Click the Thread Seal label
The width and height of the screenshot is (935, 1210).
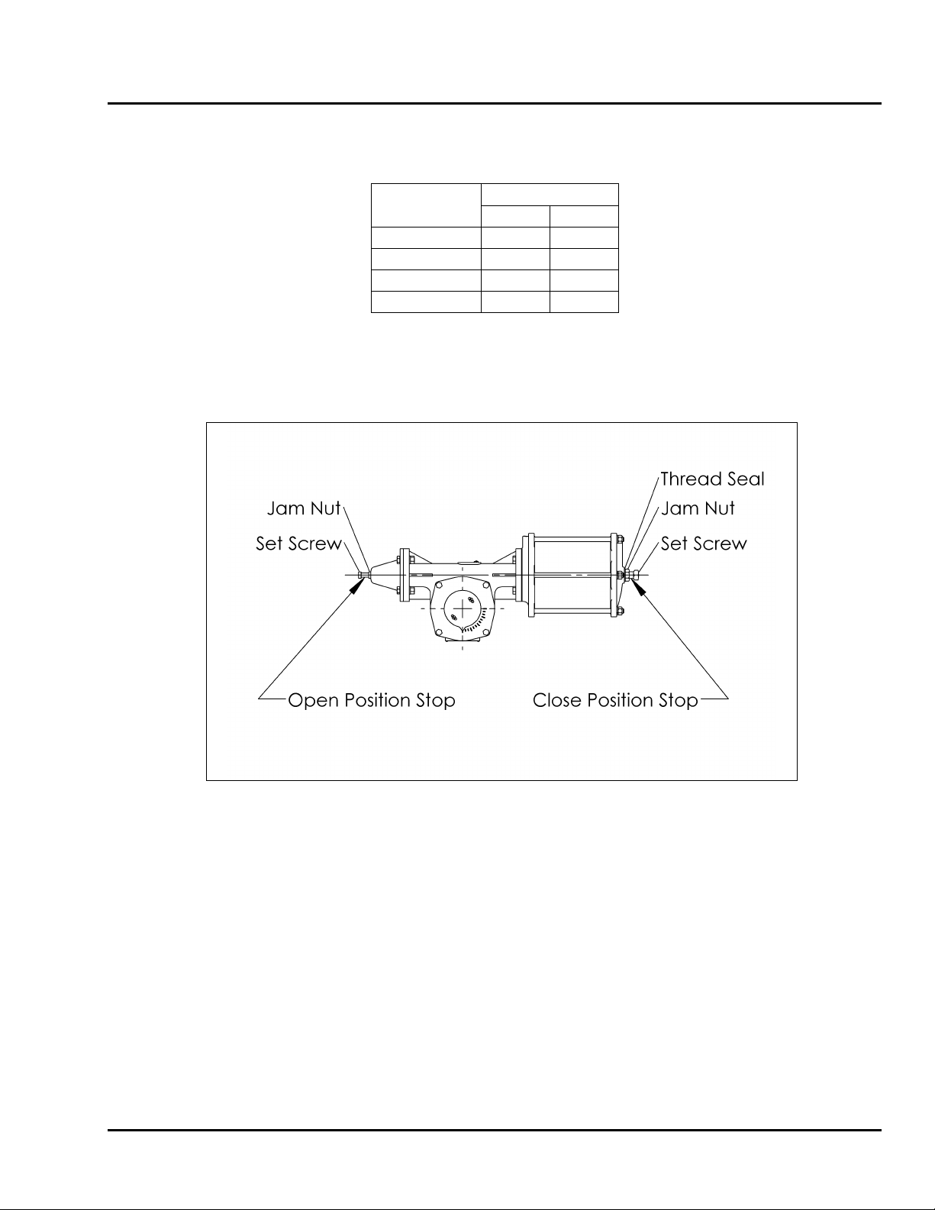[711, 479]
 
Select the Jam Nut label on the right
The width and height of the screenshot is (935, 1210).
[698, 508]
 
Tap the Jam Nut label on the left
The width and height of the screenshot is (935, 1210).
[304, 508]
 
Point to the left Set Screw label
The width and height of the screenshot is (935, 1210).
[298, 544]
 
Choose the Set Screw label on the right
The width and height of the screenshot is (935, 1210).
[703, 544]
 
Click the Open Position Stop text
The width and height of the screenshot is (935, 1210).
[371, 700]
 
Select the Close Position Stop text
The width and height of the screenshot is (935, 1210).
[615, 700]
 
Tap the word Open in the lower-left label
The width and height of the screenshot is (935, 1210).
[313, 700]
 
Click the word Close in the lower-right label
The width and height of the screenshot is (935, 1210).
[557, 700]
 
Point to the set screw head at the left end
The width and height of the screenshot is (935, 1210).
[360, 574]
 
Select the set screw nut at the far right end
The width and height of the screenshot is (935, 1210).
[636, 574]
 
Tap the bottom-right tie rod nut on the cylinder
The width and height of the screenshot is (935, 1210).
[621, 610]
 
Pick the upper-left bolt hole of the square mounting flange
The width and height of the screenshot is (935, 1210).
[438, 585]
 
